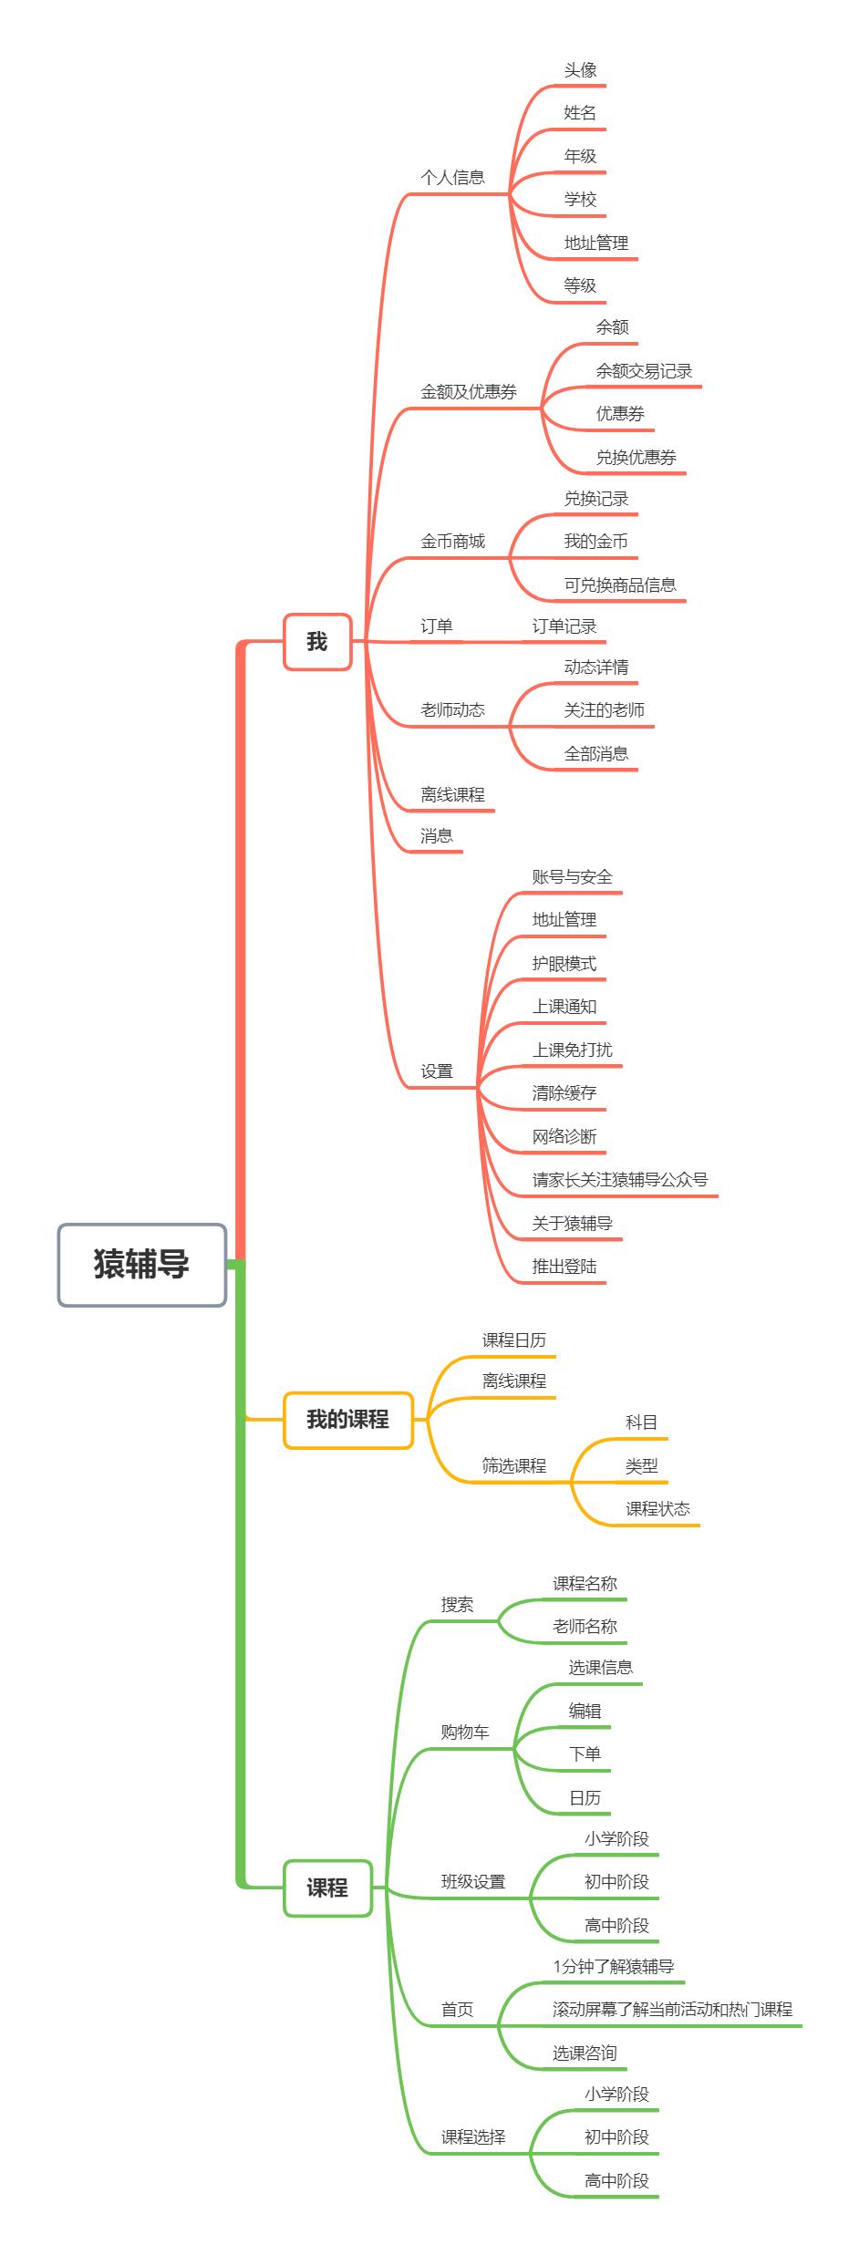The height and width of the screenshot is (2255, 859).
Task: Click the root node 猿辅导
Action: (142, 1265)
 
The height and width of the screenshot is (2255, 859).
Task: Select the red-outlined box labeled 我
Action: (317, 642)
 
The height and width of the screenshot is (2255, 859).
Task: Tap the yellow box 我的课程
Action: (347, 1420)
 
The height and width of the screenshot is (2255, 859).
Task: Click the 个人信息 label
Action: (452, 178)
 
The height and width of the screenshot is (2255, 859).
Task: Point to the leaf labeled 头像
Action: (580, 70)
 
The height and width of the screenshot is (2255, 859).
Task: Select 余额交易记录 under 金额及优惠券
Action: (644, 371)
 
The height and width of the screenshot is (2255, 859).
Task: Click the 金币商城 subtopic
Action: (452, 542)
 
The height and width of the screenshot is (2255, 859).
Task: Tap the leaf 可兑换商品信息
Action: (620, 585)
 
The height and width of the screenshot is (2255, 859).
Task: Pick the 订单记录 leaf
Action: (564, 626)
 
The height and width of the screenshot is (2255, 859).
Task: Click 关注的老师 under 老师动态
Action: (604, 710)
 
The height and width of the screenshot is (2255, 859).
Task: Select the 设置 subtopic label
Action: (437, 1071)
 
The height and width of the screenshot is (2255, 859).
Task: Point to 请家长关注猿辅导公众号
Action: (620, 1179)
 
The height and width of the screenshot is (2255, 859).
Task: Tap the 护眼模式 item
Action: (564, 964)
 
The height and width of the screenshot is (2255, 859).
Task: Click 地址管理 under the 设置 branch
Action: (564, 920)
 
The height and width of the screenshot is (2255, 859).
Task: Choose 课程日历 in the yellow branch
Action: (514, 1340)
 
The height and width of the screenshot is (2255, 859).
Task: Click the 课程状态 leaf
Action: (657, 1509)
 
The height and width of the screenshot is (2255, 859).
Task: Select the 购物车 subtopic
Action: (465, 1733)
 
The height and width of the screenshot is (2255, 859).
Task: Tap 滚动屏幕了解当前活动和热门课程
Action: (673, 2010)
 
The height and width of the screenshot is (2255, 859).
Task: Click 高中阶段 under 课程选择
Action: (616, 2181)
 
